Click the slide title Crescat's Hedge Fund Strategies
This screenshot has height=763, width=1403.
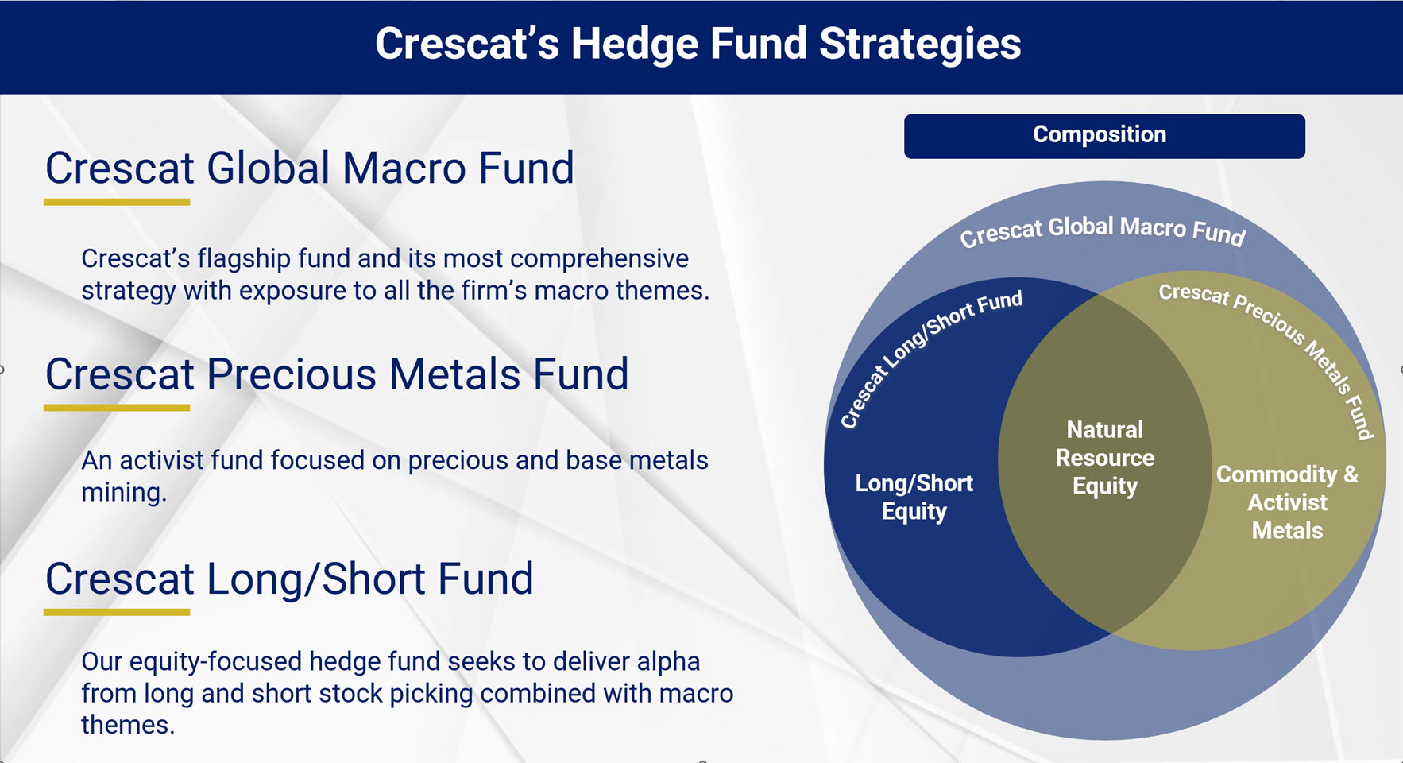pyautogui.click(x=698, y=44)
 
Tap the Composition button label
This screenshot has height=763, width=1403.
pyautogui.click(x=1100, y=135)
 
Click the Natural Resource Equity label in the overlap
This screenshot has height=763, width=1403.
pyautogui.click(x=1104, y=458)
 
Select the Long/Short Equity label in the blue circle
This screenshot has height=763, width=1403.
pyautogui.click(x=914, y=497)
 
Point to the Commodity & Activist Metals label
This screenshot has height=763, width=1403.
pyautogui.click(x=1287, y=502)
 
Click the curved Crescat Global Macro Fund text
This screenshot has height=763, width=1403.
pyautogui.click(x=1102, y=230)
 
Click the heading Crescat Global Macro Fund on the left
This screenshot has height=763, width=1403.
pyautogui.click(x=309, y=168)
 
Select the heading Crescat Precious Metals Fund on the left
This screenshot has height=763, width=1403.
pyautogui.click(x=336, y=374)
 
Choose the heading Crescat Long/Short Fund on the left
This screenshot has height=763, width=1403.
pyautogui.click(x=289, y=579)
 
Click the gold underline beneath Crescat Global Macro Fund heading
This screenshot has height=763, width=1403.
pyautogui.click(x=117, y=203)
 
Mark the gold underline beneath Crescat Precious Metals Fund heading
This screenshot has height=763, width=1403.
pyautogui.click(x=117, y=408)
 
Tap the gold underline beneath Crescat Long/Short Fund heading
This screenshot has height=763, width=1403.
pyautogui.click(x=117, y=612)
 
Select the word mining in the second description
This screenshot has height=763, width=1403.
pyautogui.click(x=123, y=493)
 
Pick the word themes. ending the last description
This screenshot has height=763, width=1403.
pyautogui.click(x=127, y=725)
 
